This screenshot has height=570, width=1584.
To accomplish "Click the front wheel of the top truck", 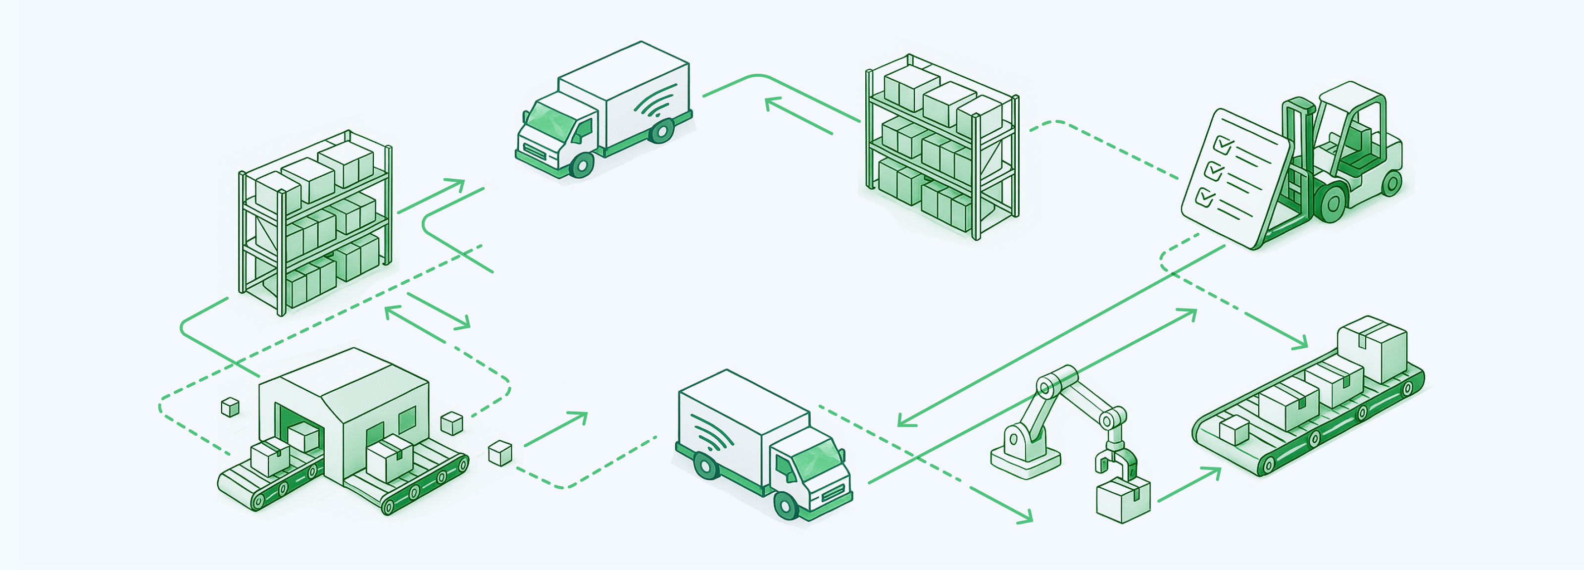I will click(x=581, y=165).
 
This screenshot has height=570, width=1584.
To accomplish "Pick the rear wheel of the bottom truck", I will click(x=705, y=466).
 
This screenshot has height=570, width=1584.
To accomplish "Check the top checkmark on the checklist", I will click(x=1223, y=146).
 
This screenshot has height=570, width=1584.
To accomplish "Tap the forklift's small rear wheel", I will click(x=1391, y=183).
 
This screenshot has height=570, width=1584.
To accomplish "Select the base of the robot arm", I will click(x=1025, y=455).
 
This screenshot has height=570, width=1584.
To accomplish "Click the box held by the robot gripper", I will click(x=1123, y=501).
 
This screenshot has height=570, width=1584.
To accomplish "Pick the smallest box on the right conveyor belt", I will click(x=1234, y=430).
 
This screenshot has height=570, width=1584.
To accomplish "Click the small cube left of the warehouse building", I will click(x=230, y=407).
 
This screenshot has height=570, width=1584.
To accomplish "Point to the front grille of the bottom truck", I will click(x=833, y=492).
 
